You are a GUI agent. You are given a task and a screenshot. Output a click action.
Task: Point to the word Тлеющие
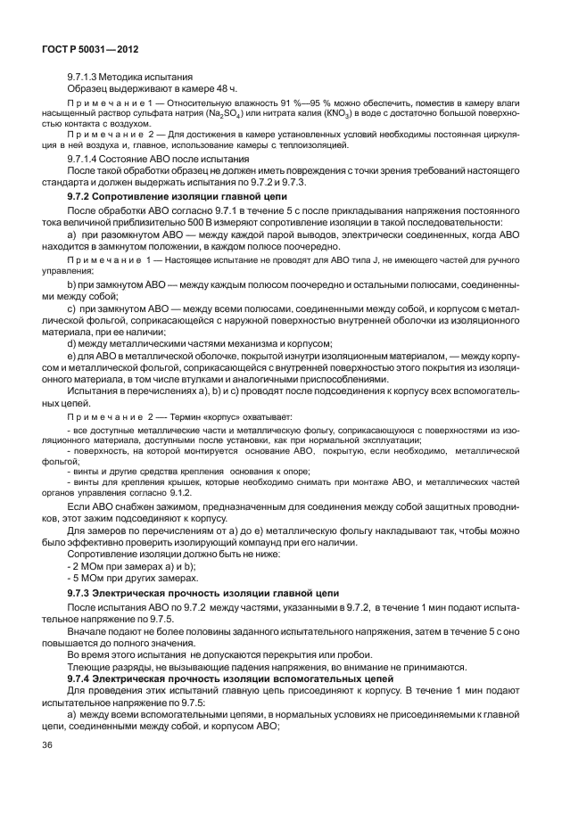[90, 665]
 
